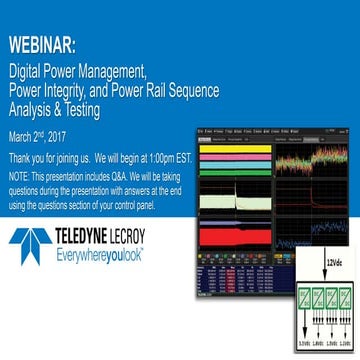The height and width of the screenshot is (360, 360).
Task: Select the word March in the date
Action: click(x=22, y=133)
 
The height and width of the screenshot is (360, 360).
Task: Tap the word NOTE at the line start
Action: click(x=19, y=172)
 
